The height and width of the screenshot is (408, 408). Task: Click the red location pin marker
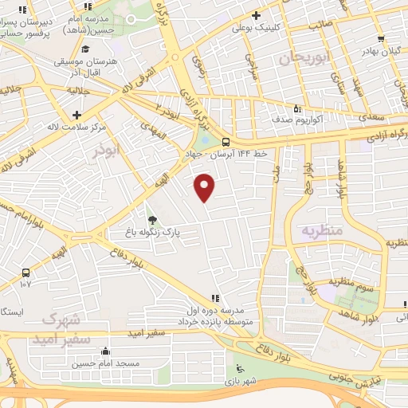(205, 186)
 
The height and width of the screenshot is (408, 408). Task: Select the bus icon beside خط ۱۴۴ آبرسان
(225, 135)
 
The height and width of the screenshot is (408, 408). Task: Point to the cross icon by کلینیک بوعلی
(255, 15)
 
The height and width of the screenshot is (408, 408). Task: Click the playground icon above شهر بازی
(240, 368)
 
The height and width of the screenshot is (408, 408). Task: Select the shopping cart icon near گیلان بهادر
(382, 38)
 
